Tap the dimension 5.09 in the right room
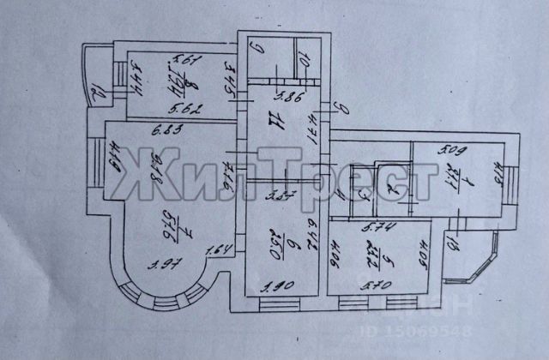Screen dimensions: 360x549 [x=452, y=153]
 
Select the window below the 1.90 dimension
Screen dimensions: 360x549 [x=274, y=301]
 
